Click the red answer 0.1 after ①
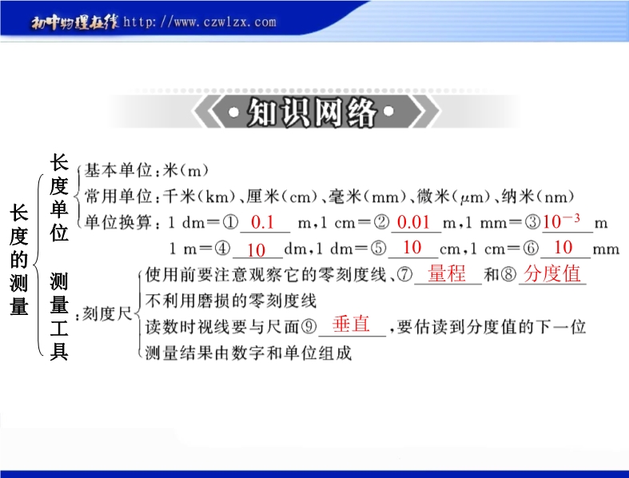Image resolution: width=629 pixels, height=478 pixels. click(x=262, y=222)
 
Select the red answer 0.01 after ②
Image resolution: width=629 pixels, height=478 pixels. click(x=413, y=222)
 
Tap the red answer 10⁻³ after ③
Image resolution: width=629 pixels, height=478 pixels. click(x=561, y=221)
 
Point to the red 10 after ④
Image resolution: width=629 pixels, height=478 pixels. click(x=256, y=250)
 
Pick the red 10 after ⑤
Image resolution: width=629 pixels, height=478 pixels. click(x=412, y=247)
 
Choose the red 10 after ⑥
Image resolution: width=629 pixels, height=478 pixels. click(x=563, y=247)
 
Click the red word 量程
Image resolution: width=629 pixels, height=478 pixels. click(x=447, y=273)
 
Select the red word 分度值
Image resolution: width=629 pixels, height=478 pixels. click(x=552, y=273)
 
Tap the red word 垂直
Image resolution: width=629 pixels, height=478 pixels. click(x=351, y=324)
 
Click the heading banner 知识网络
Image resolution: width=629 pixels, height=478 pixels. click(x=312, y=112)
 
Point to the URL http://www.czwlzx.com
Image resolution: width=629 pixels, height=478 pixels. click(x=200, y=22)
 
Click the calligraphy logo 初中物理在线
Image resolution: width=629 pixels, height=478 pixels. click(x=75, y=22)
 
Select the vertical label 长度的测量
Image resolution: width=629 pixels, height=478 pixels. click(x=19, y=260)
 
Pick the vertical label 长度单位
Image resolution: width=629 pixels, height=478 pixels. click(x=59, y=197)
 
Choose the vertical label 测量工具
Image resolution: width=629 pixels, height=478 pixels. click(x=59, y=317)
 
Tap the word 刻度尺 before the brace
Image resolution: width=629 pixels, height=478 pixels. click(x=107, y=314)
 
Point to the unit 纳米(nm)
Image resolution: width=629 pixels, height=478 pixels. click(x=538, y=197)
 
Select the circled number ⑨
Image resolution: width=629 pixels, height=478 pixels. click(x=309, y=327)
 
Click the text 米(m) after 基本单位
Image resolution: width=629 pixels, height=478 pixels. click(x=185, y=170)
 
